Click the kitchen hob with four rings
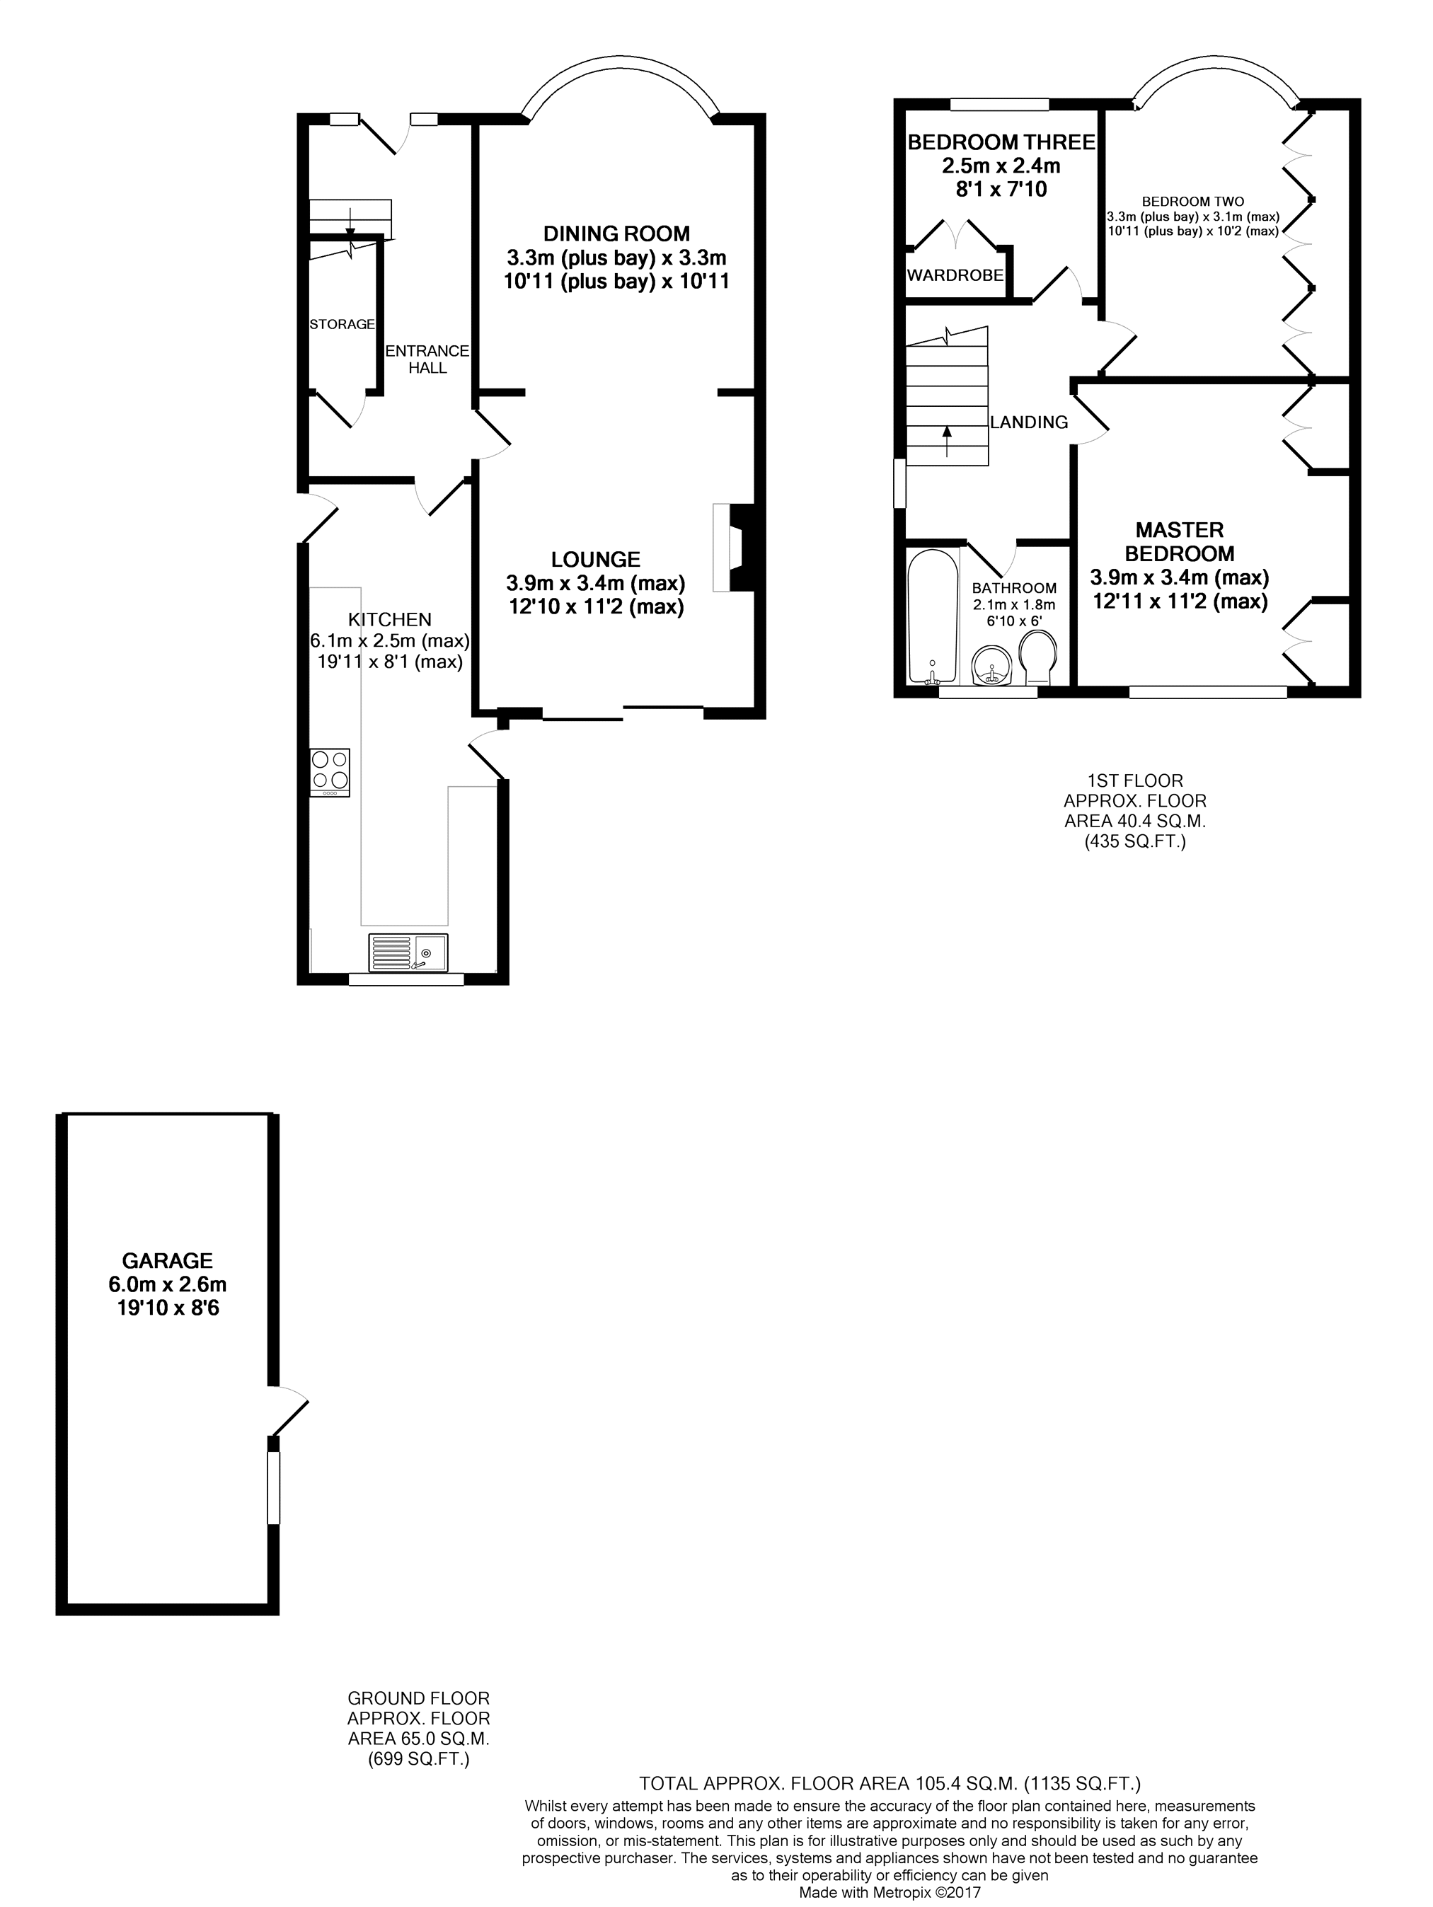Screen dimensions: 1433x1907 click(x=330, y=771)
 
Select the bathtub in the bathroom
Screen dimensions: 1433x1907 click(x=933, y=616)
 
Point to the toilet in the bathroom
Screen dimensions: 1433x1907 click(x=1037, y=658)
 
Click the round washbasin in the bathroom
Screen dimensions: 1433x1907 click(x=991, y=668)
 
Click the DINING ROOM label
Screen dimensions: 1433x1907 click(x=616, y=233)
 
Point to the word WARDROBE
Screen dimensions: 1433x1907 click(x=955, y=276)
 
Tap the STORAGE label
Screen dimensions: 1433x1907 click(x=343, y=324)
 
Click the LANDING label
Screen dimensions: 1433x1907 click(x=1029, y=422)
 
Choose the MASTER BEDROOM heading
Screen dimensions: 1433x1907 click(x=1180, y=541)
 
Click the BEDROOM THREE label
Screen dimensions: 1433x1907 click(x=1001, y=142)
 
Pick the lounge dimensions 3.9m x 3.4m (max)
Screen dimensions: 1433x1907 click(x=596, y=583)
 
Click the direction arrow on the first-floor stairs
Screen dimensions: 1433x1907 click(x=947, y=441)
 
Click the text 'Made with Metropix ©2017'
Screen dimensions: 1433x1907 click(x=890, y=1896)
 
